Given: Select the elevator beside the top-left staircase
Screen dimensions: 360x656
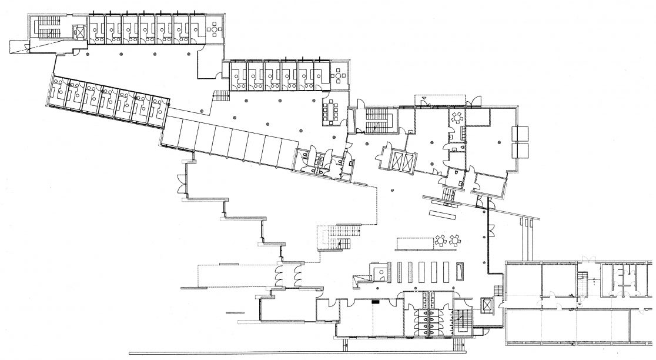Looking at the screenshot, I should coord(78,31).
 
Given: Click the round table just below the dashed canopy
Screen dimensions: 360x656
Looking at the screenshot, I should coord(457,116).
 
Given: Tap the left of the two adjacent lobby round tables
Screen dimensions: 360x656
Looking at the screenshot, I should coord(440,240).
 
